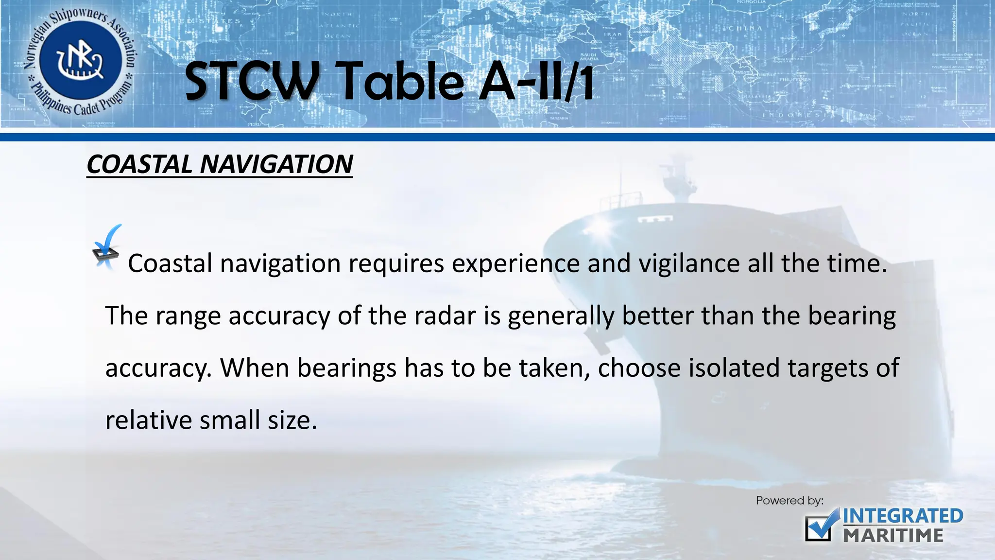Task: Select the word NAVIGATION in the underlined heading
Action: pyautogui.click(x=276, y=164)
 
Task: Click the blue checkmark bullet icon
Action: pyautogui.click(x=107, y=246)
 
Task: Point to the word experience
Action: pyautogui.click(x=515, y=264)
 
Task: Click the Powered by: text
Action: pyautogui.click(x=789, y=501)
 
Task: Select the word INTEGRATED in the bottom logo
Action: pyautogui.click(x=903, y=516)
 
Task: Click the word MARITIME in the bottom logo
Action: pyautogui.click(x=893, y=536)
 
